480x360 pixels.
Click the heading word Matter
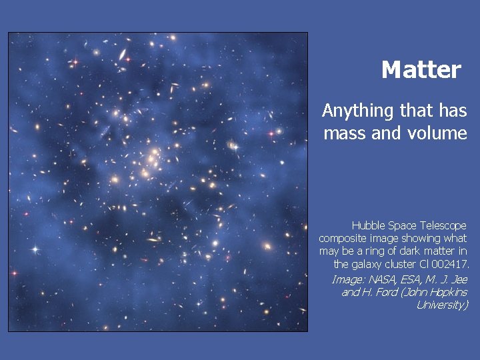click(421, 70)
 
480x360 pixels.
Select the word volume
click(436, 133)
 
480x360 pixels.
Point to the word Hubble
click(367, 225)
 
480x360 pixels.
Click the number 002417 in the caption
click(451, 265)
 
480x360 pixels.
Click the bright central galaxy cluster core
click(152, 160)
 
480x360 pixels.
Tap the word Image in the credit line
click(347, 279)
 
